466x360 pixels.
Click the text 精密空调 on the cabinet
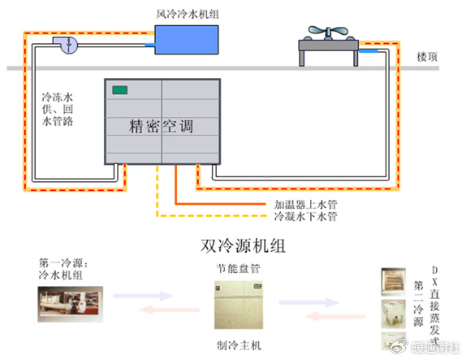tap(162, 127)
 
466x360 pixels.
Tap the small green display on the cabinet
tap(121, 89)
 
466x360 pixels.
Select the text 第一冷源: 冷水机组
tap(63, 270)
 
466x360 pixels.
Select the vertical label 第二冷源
tap(417, 303)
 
